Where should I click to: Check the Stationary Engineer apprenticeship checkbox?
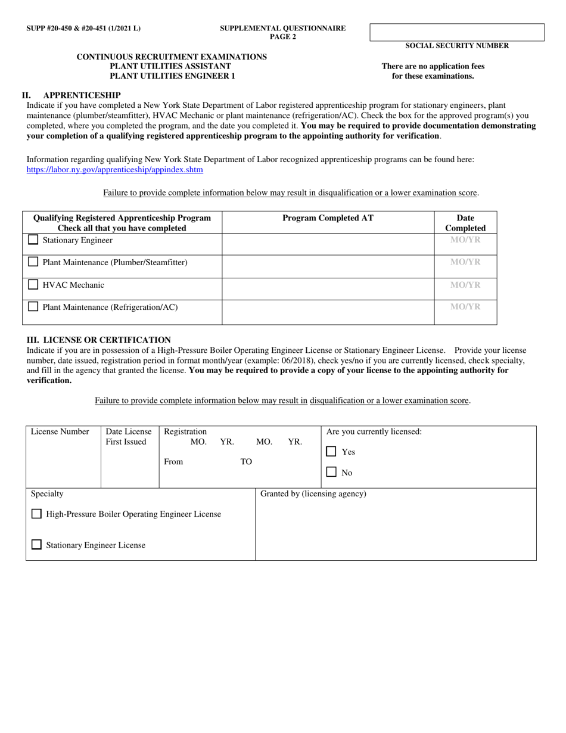pos(33,240)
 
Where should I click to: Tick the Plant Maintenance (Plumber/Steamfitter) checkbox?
pos(33,262)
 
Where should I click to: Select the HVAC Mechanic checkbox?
pos(33,285)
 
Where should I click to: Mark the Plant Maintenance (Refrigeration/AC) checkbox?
pos(33,307)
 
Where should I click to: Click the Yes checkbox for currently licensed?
pos(331,452)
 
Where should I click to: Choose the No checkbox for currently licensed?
pos(331,472)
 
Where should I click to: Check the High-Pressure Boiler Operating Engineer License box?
pos(36,514)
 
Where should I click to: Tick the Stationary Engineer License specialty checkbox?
pos(36,545)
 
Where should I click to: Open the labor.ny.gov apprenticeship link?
pos(114,170)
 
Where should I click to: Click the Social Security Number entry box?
pos(457,32)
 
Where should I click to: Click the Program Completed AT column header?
pos(328,218)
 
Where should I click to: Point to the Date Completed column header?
pos(465,223)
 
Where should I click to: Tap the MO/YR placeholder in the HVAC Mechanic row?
pos(465,285)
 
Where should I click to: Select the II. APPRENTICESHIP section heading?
pos(71,95)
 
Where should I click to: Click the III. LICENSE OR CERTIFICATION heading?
pos(98,340)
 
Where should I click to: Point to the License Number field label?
pos(60,431)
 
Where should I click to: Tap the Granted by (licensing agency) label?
pos(313,493)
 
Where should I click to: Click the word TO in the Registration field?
pos(246,462)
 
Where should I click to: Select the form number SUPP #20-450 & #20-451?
pos(83,28)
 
